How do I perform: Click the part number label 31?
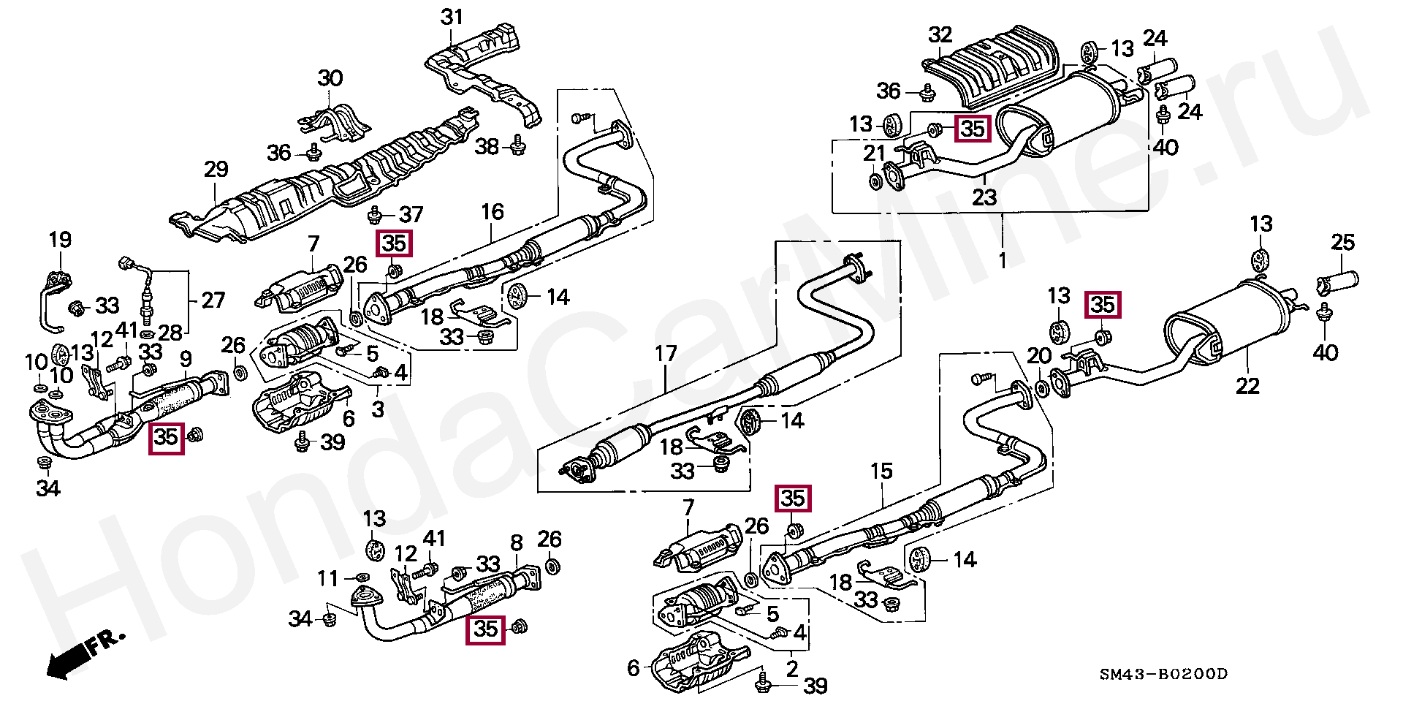click(x=452, y=17)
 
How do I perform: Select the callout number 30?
click(x=330, y=78)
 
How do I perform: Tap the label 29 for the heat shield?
click(x=216, y=170)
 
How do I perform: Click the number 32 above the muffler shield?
click(x=940, y=35)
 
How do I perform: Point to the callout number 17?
click(x=666, y=354)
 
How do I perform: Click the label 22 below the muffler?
click(x=1247, y=386)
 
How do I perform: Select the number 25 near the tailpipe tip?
click(x=1342, y=242)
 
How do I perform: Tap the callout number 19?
click(x=60, y=240)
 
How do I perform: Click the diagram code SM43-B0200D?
click(x=1163, y=674)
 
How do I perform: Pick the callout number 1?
click(x=1002, y=260)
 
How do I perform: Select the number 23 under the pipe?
click(x=984, y=197)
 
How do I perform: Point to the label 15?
click(x=881, y=471)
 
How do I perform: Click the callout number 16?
click(x=492, y=212)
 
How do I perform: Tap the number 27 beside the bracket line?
click(x=213, y=300)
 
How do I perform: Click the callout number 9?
click(x=186, y=359)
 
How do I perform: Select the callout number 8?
click(x=517, y=543)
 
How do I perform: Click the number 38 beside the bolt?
click(x=487, y=147)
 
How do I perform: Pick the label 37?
click(x=411, y=214)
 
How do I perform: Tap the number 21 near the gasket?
click(x=874, y=154)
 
